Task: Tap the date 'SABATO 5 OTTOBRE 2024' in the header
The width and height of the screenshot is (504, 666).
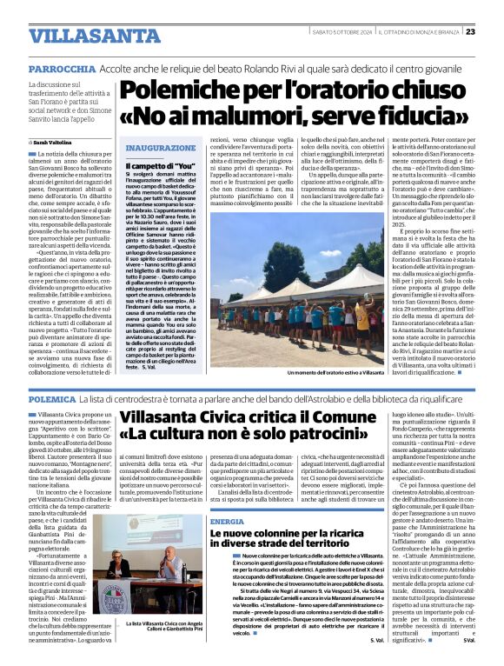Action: [342, 32]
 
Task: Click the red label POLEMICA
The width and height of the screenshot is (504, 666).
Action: [51, 396]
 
